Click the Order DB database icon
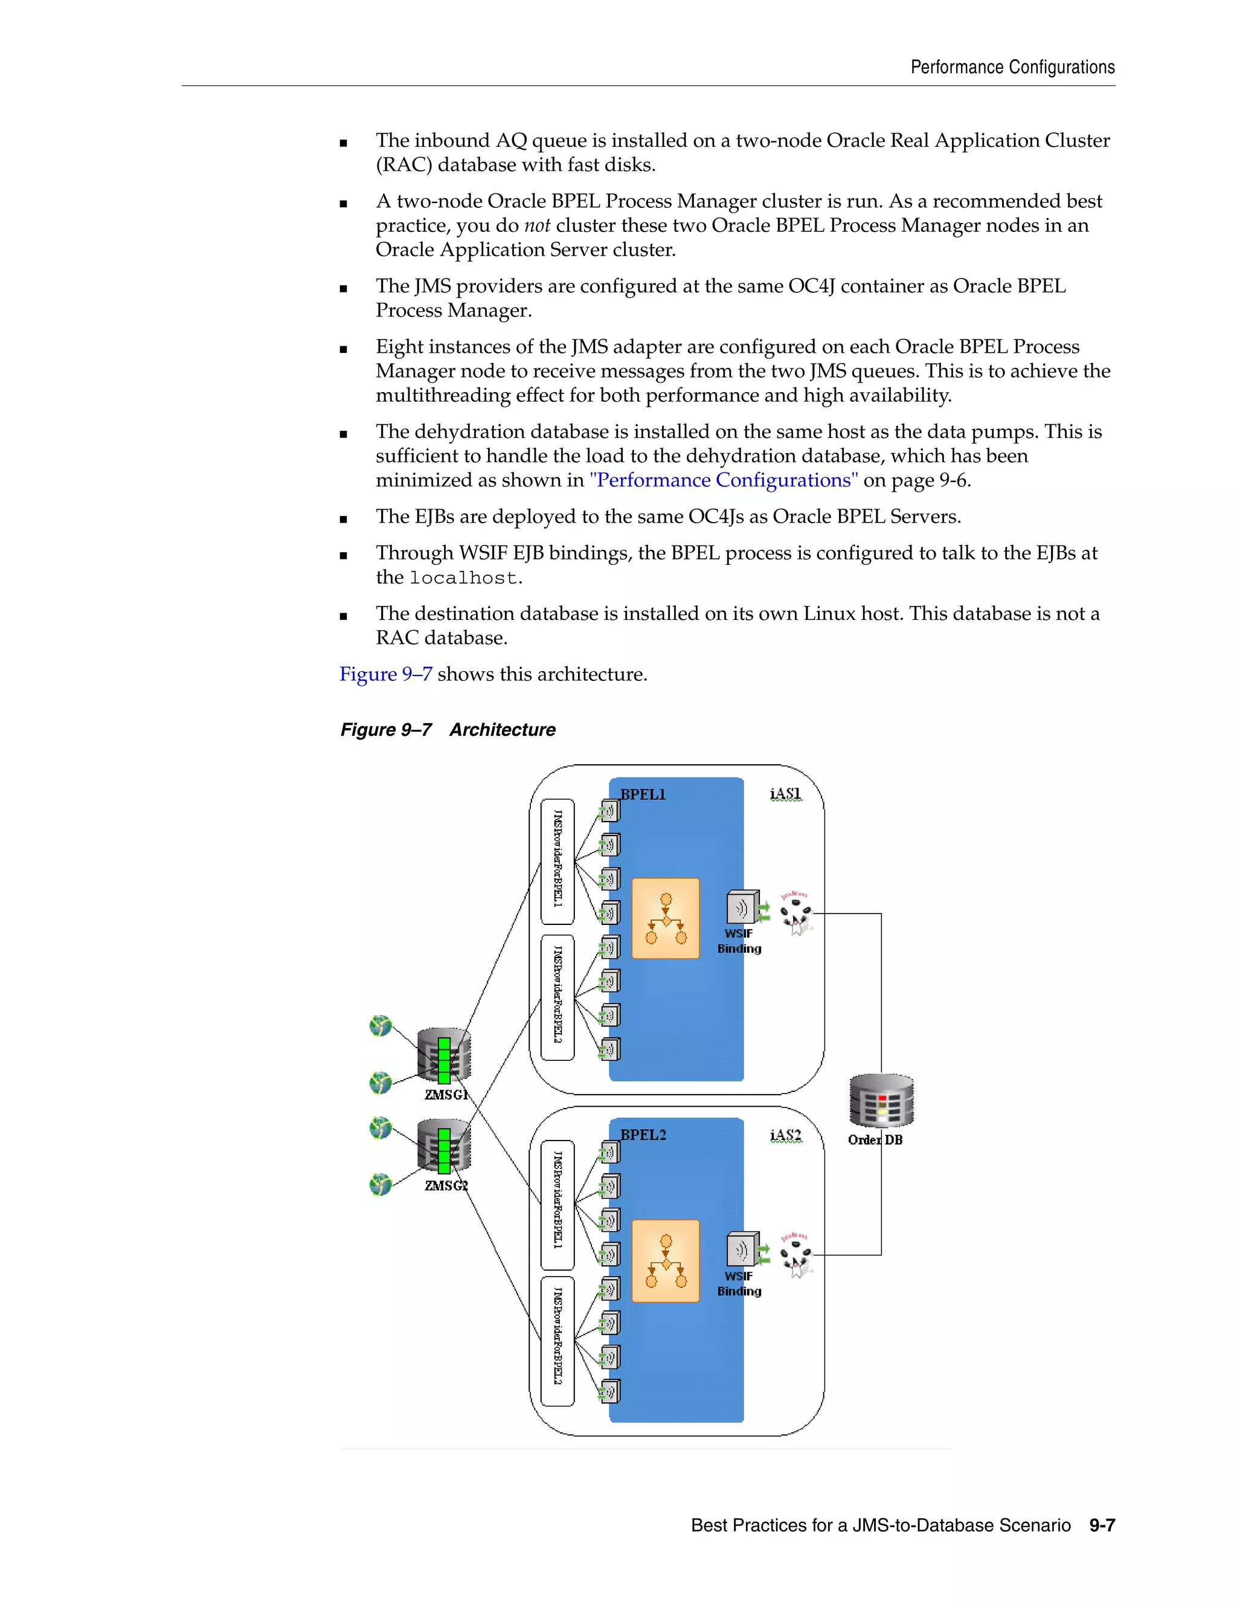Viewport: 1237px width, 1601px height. tap(881, 1100)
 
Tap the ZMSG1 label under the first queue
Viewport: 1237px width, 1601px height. tap(446, 1095)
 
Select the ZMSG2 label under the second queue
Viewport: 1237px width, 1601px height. tap(446, 1185)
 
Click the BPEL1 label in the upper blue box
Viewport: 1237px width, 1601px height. tap(643, 794)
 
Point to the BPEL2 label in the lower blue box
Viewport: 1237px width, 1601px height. tap(643, 1135)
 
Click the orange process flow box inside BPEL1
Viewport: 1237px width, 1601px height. tap(666, 918)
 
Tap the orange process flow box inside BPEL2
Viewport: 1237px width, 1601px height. tap(666, 1261)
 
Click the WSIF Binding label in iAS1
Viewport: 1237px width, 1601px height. tap(739, 941)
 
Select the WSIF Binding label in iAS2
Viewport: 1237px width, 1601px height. tap(739, 1284)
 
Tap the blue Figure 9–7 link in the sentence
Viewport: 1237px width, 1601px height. tap(385, 674)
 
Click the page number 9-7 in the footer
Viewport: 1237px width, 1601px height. tap(1102, 1525)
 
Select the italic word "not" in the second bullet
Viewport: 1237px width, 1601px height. tap(536, 226)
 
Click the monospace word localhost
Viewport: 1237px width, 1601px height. tap(463, 578)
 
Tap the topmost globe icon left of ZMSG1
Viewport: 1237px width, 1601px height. tap(381, 1025)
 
